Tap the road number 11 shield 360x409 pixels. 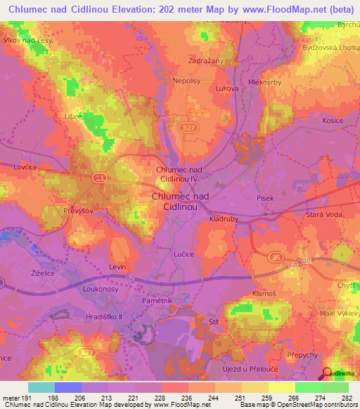tap(101, 179)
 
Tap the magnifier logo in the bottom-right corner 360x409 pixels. tap(327, 374)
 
